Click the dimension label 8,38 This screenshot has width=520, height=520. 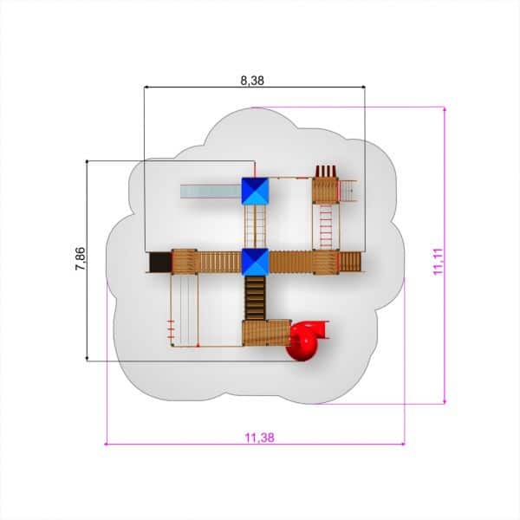(x=252, y=81)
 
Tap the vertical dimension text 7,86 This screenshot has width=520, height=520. (x=81, y=258)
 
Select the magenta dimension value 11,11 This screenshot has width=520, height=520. (x=438, y=262)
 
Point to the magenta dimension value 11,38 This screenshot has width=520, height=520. (x=260, y=438)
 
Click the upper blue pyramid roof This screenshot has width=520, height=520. (x=255, y=192)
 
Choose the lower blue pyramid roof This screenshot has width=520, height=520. (x=255, y=262)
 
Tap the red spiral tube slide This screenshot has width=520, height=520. (x=307, y=341)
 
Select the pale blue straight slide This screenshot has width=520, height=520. (x=211, y=192)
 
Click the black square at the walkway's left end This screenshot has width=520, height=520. (x=160, y=262)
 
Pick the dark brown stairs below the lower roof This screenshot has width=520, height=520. (x=255, y=298)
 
